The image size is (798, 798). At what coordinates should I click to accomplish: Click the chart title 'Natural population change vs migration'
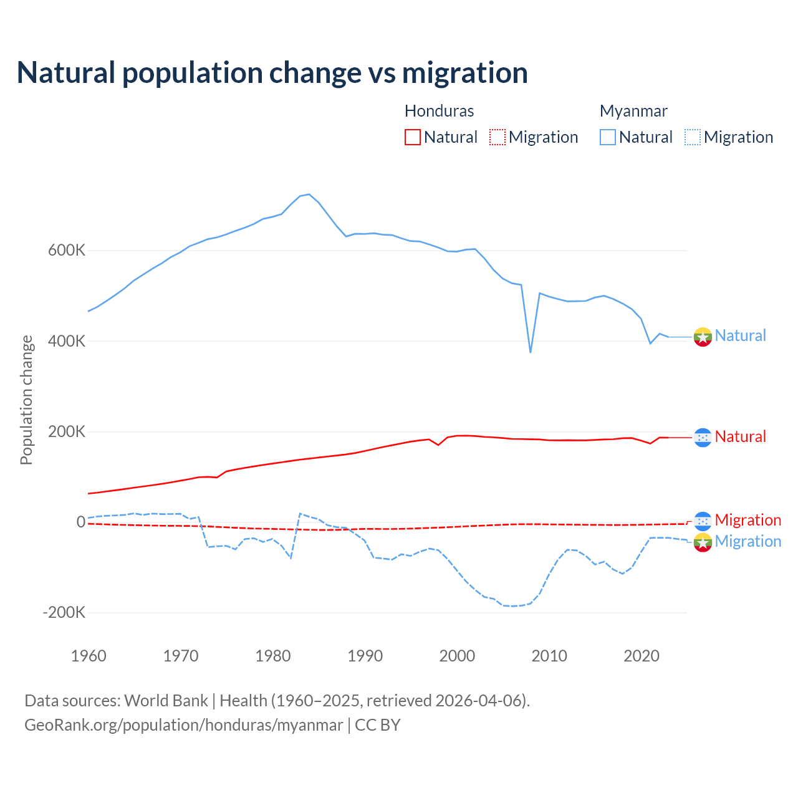coord(272,73)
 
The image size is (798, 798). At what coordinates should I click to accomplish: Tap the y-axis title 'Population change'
coord(26,400)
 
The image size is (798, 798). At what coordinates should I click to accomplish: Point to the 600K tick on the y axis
coord(66,251)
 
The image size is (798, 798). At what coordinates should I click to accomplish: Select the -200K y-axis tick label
coord(64,613)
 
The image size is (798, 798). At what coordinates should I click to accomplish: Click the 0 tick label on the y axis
coord(80,522)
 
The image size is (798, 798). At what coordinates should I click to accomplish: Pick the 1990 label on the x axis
coord(365,656)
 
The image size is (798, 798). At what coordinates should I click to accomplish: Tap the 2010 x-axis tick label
coord(549,656)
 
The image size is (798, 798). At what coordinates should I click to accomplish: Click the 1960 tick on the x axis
coord(89,656)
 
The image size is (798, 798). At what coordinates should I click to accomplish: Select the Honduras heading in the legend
coord(439,111)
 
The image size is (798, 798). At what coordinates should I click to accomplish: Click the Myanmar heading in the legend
coord(633,111)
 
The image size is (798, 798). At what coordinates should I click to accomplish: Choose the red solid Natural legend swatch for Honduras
coord(413,137)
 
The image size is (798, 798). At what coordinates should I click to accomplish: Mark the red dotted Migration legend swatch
coord(498,137)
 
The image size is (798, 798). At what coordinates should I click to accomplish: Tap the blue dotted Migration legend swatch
coord(693,137)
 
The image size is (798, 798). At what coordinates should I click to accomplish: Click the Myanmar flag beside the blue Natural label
coord(703,337)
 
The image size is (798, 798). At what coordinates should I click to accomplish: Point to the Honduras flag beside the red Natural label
coord(703,438)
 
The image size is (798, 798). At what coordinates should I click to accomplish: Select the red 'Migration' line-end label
coord(748,520)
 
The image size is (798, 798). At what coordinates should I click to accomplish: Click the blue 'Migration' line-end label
coord(748,541)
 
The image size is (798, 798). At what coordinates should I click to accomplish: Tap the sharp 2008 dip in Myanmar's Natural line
coord(531,352)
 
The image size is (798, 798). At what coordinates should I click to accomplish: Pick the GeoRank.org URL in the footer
coord(184,725)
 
